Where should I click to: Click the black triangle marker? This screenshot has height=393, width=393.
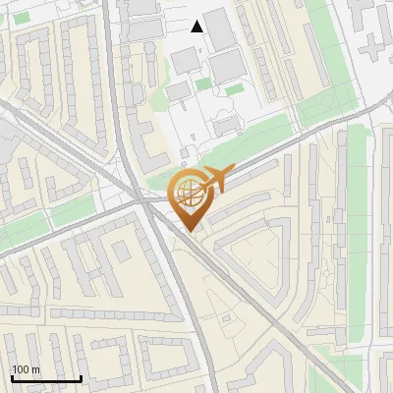point(197,27)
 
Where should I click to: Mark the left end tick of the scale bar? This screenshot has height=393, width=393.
point(12,377)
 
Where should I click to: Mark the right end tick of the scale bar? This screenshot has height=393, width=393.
point(82,377)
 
